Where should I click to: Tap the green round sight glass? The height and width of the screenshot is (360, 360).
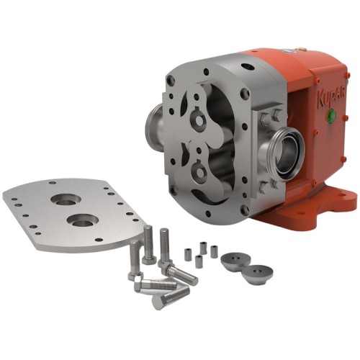332,114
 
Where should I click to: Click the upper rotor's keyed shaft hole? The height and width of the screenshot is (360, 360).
199,120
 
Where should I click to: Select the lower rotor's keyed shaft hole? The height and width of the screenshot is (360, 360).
199,171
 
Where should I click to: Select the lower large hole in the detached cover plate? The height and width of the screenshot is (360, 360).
83,220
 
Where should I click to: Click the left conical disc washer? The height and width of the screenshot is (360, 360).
235,259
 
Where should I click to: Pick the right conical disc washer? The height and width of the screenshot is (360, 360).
258,274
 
